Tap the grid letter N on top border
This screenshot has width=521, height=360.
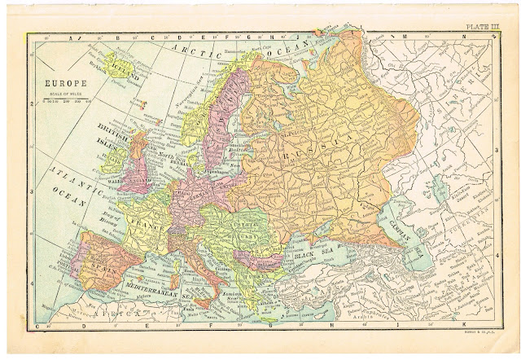[461, 37]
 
